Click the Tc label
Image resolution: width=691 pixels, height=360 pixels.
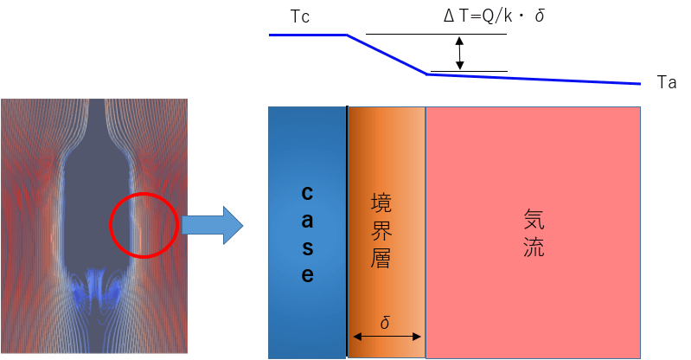click(298, 17)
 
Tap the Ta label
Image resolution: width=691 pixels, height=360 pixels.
click(665, 83)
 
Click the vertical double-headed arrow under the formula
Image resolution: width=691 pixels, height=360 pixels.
click(460, 53)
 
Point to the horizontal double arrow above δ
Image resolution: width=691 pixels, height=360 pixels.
click(385, 337)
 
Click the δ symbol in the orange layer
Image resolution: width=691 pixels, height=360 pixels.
click(385, 323)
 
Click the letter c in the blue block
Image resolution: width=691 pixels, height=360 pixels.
click(307, 191)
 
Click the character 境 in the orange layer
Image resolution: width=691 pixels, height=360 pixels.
click(381, 203)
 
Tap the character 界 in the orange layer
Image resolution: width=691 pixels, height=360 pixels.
click(381, 230)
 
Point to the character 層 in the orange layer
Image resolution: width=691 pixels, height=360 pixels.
click(381, 259)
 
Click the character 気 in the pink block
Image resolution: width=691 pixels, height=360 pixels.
click(534, 217)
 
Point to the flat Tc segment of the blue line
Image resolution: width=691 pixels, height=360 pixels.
click(308, 35)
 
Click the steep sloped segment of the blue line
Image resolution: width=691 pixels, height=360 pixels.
click(387, 55)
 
